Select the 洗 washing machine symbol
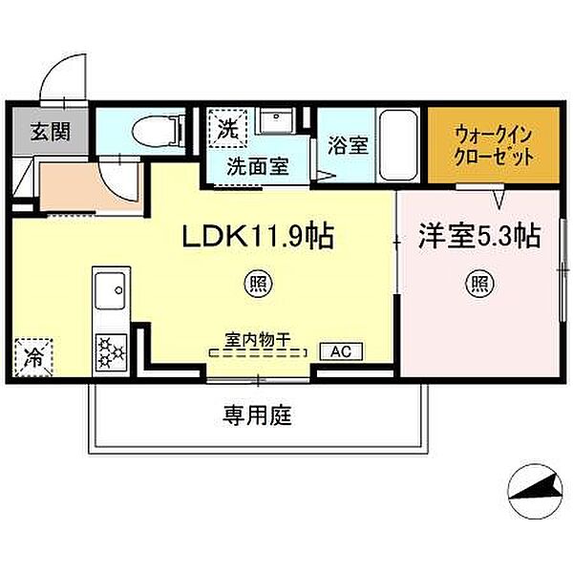[227, 127]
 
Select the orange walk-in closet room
[492, 146]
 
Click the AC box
[341, 352]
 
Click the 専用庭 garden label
[257, 414]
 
